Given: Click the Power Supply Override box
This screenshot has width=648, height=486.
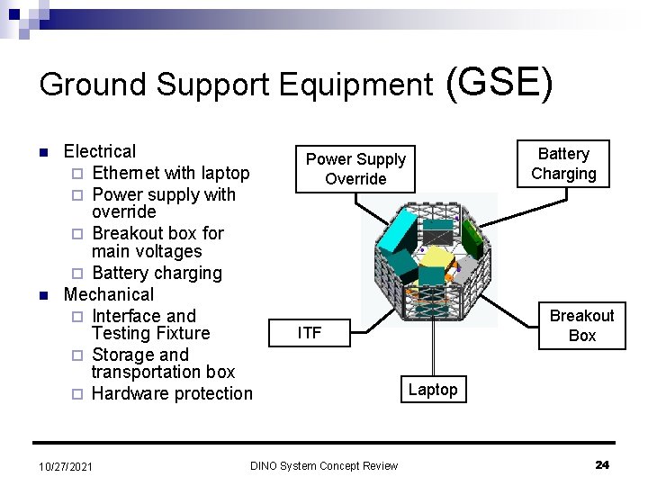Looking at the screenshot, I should (355, 169).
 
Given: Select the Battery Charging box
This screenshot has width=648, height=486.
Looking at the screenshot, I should (562, 164).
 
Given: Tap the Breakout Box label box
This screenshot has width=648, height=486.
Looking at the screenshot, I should (581, 326).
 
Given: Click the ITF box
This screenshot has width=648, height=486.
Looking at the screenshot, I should (309, 333).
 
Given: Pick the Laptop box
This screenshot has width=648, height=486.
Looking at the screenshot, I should (433, 390).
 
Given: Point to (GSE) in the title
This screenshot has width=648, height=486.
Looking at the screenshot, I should (498, 82).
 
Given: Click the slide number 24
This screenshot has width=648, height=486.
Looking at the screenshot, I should (602, 464).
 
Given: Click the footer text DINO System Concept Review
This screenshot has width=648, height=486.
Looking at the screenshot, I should (324, 465).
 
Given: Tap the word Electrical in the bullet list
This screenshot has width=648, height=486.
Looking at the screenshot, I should (100, 151).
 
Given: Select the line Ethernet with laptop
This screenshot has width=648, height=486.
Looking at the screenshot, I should (170, 173).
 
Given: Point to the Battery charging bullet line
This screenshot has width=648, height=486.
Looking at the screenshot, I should (157, 273).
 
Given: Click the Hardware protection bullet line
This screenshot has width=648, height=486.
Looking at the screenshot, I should (172, 393).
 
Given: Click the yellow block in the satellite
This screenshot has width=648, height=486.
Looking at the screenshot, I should (436, 261).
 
